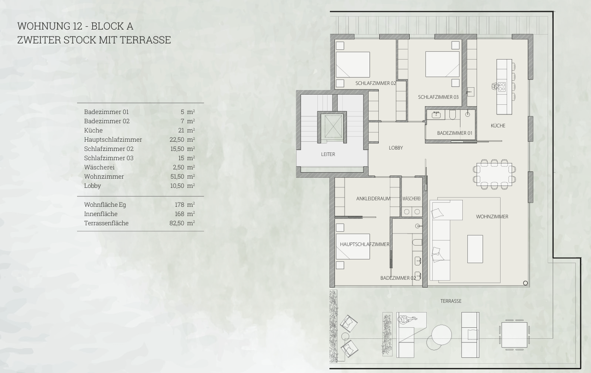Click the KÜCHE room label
498,126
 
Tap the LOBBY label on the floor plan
396,148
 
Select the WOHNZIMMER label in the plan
492,217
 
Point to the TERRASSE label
451,301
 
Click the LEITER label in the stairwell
328,154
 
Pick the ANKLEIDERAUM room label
373,199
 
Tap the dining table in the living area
494,174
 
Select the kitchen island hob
501,87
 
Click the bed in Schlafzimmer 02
353,65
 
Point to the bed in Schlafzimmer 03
442,64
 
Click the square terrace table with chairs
514,335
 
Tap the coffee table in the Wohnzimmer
475,249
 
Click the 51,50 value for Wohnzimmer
177,176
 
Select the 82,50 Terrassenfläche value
177,223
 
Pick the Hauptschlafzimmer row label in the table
113,139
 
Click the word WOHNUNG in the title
43,26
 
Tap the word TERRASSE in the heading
145,40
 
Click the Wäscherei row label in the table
99,167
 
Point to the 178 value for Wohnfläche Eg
179,205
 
